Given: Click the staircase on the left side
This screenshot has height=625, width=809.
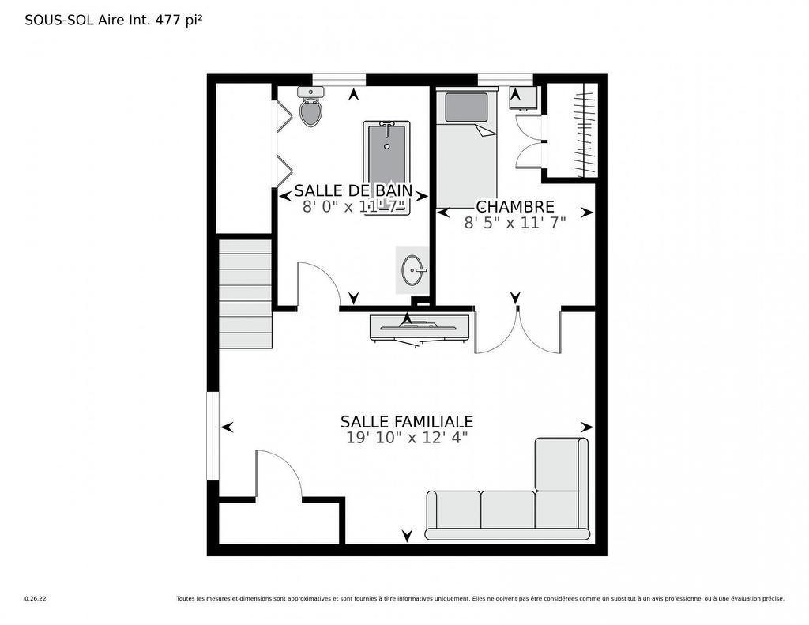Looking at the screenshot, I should [245, 294].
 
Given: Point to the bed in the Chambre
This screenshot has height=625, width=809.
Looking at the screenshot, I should [466, 150].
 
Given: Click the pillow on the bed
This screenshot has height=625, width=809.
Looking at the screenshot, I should [466, 107].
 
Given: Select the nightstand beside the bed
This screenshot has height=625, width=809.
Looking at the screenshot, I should [523, 97].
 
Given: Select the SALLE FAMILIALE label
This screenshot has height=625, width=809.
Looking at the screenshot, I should [407, 422].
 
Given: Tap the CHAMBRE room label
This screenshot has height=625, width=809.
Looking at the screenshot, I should [514, 207].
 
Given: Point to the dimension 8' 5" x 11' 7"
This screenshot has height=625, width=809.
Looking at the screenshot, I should [514, 224].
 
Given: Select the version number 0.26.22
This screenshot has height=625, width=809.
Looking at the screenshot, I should [36, 599].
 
